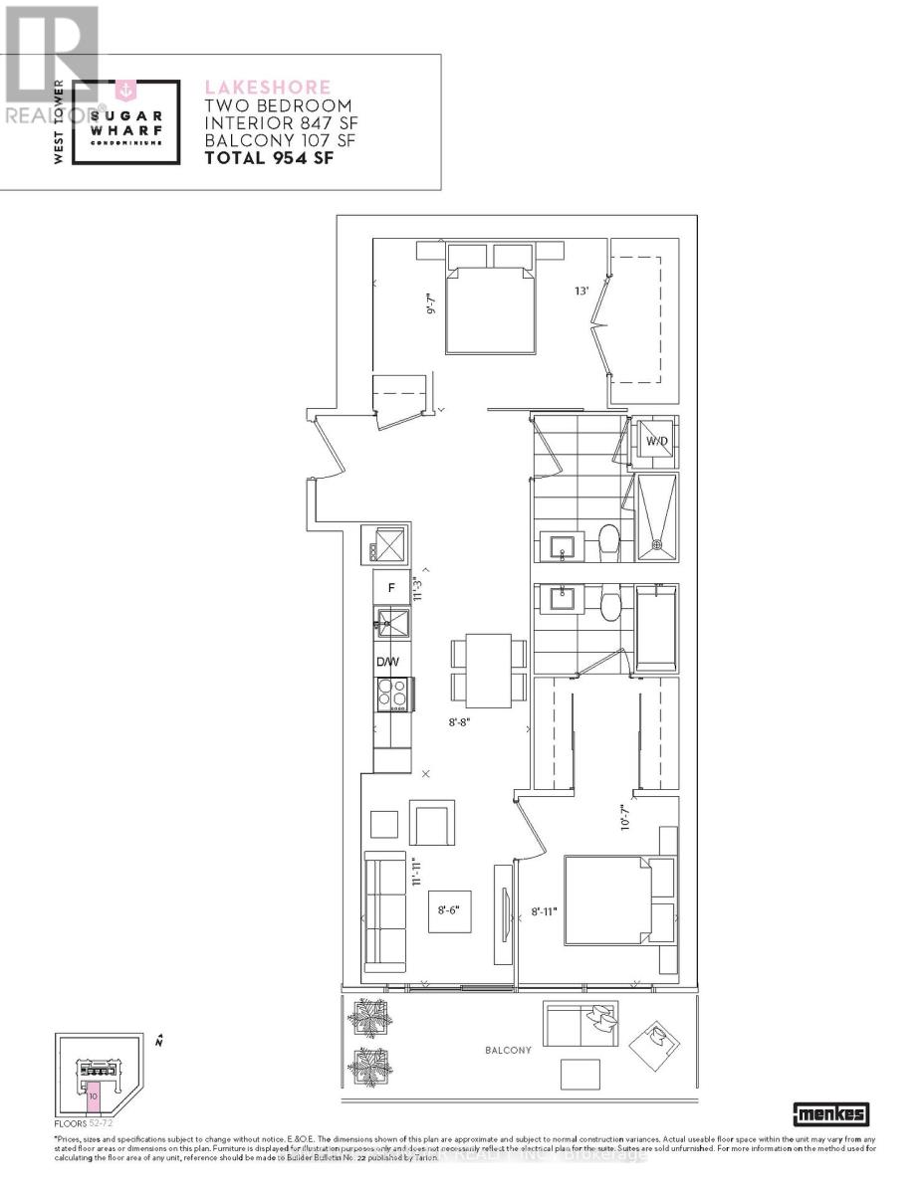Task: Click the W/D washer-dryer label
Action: tap(655, 440)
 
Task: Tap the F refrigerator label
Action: tap(391, 588)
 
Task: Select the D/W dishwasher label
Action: tap(387, 662)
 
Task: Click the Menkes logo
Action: tap(830, 1114)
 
